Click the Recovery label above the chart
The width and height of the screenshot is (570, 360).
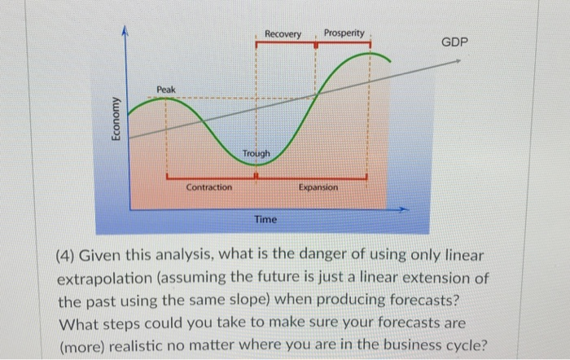coord(283,34)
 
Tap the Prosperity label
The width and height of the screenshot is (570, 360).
coord(344,33)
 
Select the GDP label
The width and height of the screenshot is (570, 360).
coord(454,42)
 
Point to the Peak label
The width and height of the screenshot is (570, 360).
coord(166,88)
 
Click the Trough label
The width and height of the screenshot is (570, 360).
coord(257,154)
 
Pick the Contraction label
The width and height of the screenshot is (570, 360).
coord(208,187)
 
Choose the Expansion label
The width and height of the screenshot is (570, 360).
coord(318,187)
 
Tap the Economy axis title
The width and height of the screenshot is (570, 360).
coord(116,123)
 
